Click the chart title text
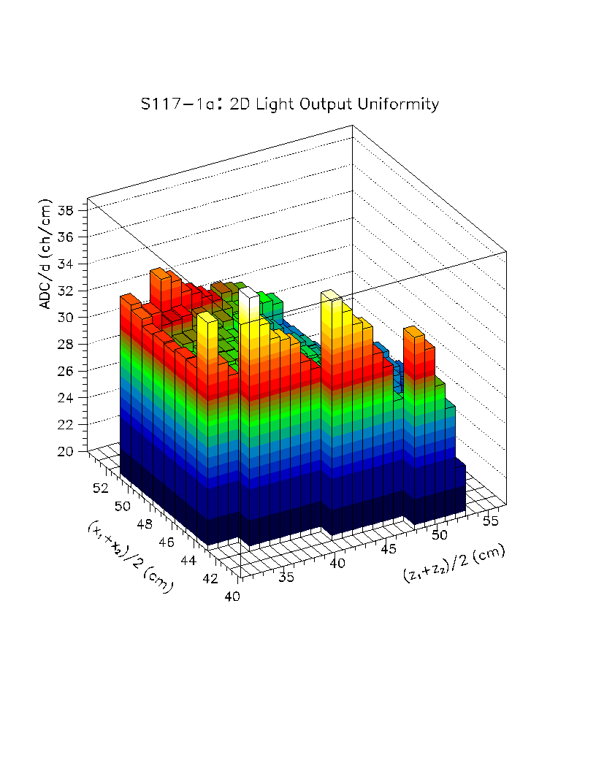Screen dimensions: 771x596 [x=290, y=104]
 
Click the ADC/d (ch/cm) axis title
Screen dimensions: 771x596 [x=47, y=253]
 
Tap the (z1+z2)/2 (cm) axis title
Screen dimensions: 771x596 [x=454, y=564]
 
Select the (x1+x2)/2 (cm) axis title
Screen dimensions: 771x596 [x=129, y=556]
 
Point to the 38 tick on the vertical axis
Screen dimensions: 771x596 [x=66, y=211]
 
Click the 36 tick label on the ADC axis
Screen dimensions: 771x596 [x=66, y=237]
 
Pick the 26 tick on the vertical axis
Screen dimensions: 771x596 [x=66, y=371]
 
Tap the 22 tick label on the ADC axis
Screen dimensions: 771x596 [x=66, y=424]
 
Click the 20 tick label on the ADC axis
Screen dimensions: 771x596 [x=66, y=451]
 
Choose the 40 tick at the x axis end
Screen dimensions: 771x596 [x=232, y=597]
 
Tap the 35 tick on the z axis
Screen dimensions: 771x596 [x=287, y=578]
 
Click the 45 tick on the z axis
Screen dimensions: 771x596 [x=389, y=549]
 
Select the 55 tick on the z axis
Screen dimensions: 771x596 [x=491, y=521]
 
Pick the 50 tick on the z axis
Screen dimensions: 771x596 [x=440, y=535]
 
